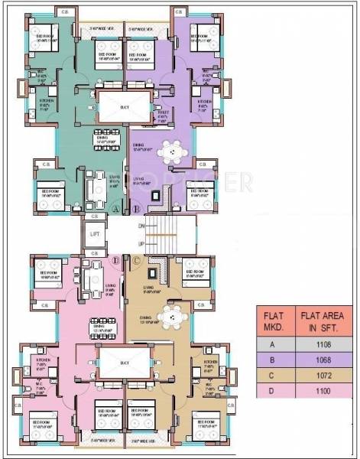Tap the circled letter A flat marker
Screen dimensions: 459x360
116,209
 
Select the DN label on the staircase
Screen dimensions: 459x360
141,226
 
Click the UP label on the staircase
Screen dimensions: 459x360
141,243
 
